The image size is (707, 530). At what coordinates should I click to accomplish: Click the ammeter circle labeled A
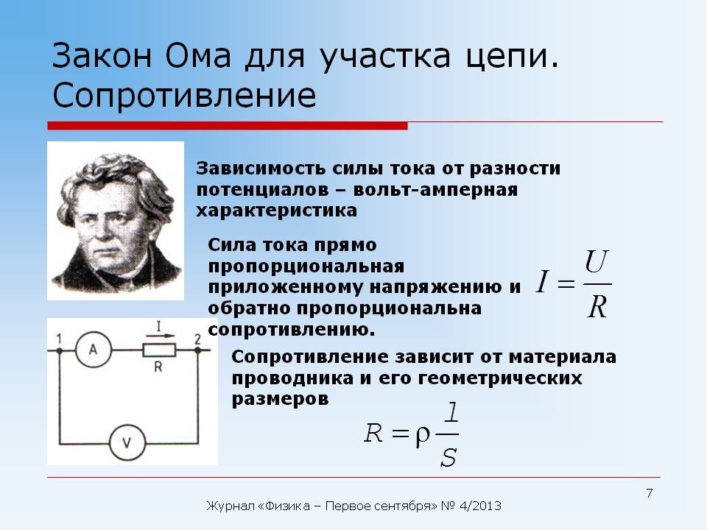94,350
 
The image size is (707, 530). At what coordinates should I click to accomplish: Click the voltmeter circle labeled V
127,442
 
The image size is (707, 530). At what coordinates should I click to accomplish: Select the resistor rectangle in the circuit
159,350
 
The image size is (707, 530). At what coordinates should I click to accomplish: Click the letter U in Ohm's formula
596,262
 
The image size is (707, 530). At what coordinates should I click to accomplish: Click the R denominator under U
597,307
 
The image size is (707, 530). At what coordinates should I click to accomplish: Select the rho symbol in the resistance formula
422,436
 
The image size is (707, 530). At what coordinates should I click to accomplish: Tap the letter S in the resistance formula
449,457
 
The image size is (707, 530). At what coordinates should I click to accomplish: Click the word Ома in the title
198,56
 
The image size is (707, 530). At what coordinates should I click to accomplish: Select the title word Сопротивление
184,95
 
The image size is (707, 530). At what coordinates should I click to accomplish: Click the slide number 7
650,493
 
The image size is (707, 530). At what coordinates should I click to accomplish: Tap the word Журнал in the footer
231,506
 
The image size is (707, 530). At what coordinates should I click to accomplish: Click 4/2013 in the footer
480,506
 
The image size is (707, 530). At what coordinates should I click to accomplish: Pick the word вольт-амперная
435,189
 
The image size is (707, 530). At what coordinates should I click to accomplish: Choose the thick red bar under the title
228,126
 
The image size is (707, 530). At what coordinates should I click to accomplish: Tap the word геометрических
500,378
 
